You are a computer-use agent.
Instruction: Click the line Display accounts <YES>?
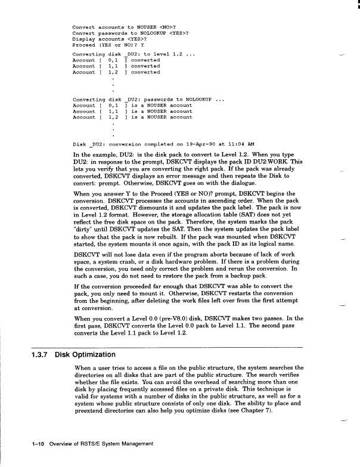click(109, 38)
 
